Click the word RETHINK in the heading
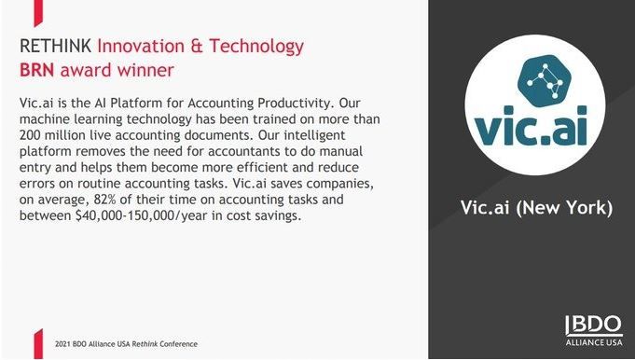tap(56, 46)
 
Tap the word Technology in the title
tap(256, 47)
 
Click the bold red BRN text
tap(37, 70)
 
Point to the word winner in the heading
tap(145, 70)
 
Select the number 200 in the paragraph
tap(30, 135)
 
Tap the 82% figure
tap(104, 200)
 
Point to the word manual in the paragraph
tap(341, 151)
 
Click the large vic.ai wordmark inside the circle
tap(531, 126)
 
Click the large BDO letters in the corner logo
tap(594, 325)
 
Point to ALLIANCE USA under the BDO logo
tap(594, 342)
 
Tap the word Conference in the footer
tap(179, 344)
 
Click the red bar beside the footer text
tap(38, 344)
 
